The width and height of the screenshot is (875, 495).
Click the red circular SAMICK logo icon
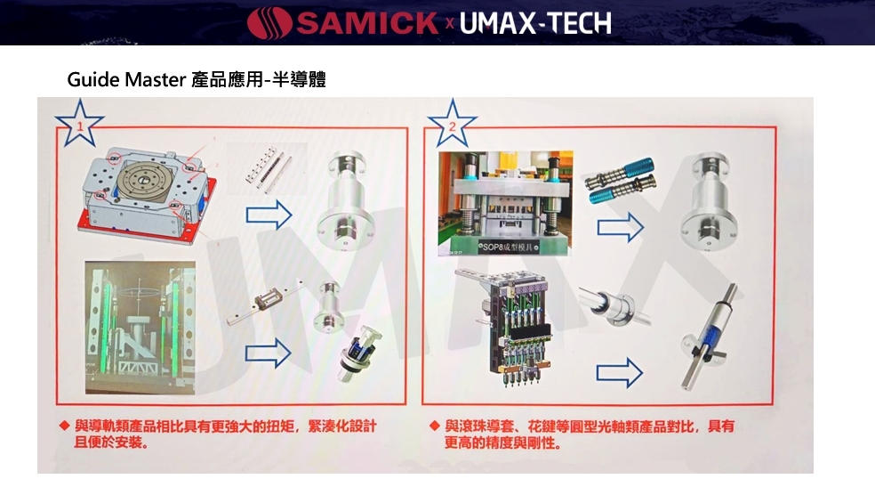pos(270,22)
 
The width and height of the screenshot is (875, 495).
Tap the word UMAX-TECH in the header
pos(535,23)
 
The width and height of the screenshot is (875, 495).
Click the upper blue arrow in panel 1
pos(269,215)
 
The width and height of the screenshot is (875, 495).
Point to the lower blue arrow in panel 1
pos(269,353)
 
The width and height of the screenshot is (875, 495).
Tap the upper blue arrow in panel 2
pos(620,227)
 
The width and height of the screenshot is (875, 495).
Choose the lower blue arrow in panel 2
pos(620,372)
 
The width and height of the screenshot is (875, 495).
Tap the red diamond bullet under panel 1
pos(63,426)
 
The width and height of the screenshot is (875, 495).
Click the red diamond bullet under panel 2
pos(434,426)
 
